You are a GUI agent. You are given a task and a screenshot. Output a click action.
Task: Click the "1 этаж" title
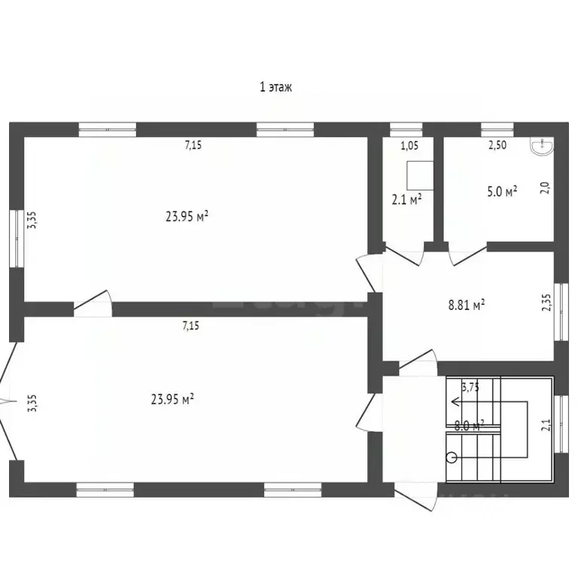coord(275,87)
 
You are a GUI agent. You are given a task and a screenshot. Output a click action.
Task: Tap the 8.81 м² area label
coord(466,305)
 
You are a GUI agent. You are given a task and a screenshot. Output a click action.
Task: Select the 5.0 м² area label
coord(502,192)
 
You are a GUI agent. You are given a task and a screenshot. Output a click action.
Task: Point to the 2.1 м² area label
coord(406,199)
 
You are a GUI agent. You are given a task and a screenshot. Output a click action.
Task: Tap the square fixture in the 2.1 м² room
coord(420,175)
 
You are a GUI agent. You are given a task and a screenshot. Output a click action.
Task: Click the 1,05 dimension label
coord(409,146)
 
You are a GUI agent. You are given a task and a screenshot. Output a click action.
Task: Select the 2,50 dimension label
coord(497,146)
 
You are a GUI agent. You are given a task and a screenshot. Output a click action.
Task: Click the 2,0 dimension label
coord(547,187)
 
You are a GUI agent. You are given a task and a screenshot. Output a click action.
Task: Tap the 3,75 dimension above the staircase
coord(470,388)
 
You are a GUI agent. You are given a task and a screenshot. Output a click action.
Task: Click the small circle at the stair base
coord(452,457)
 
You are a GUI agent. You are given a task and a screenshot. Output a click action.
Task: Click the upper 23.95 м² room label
coord(187,217)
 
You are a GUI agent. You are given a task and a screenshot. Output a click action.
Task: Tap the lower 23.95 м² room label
coord(172,399)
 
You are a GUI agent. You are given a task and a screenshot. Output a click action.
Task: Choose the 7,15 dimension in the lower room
coord(192,326)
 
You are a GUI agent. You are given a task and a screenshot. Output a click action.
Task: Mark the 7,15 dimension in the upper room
coord(193,146)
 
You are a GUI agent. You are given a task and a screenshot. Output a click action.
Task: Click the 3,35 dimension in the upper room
coord(32,220)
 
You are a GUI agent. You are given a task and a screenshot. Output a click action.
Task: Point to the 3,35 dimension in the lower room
coord(32,403)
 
